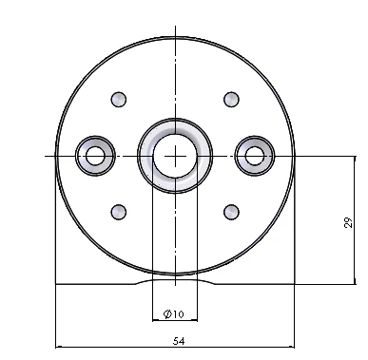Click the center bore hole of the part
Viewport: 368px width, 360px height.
coord(175,154)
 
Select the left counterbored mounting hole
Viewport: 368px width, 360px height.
coord(95,154)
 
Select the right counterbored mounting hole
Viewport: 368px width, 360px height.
coord(255,154)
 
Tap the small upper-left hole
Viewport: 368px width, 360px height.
coord(119,99)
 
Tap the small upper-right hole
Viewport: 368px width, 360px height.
coord(230,99)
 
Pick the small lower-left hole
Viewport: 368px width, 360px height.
coord(119,210)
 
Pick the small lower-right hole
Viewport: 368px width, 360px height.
coord(230,210)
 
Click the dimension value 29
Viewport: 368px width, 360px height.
coord(348,222)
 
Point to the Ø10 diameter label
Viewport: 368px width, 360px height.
coord(173,313)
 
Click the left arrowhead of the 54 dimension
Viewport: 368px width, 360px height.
coord(60,347)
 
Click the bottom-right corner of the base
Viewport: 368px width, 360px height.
coord(295,284)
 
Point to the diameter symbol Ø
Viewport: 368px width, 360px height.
coord(167,313)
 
